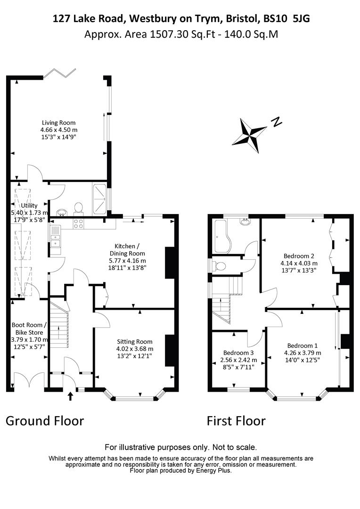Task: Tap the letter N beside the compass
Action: (277, 122)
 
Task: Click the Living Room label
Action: (59, 123)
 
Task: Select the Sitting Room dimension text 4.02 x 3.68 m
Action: (135, 349)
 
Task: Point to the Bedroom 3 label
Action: (238, 353)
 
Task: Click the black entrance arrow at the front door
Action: (70, 396)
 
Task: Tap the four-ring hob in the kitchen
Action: (79, 224)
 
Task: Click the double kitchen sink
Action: (56, 240)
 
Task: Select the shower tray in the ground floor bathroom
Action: (99, 199)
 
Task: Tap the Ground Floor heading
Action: (45, 421)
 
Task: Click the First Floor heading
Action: (237, 421)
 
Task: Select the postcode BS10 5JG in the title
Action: (286, 19)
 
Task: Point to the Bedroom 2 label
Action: (299, 256)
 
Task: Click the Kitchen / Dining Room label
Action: (127, 250)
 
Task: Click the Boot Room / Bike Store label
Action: (29, 328)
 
